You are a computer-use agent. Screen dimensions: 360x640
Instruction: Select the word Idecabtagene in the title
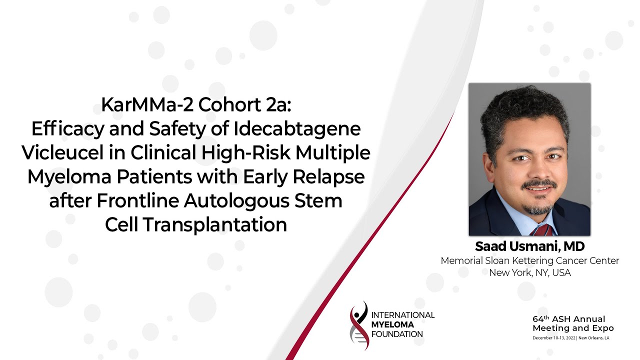click(296, 128)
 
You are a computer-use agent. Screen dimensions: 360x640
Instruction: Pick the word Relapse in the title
click(331, 176)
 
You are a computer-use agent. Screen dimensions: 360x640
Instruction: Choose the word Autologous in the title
click(234, 200)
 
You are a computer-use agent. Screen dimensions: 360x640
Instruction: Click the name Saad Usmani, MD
click(529, 246)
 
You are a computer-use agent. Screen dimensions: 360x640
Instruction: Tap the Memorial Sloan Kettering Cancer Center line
click(529, 261)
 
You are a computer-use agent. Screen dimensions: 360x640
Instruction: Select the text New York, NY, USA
click(529, 273)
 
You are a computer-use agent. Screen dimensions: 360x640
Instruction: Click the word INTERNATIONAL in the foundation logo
click(403, 315)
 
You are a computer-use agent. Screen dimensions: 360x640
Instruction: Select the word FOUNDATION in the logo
click(397, 334)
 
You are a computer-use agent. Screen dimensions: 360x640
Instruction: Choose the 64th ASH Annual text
click(568, 319)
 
